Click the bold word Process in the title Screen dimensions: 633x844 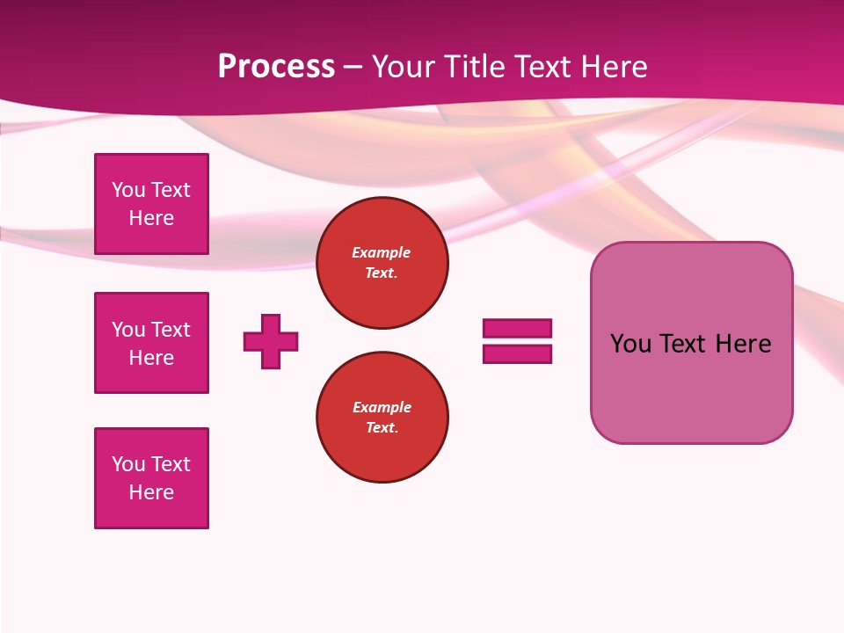tap(276, 67)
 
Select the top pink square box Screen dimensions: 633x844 tap(151, 204)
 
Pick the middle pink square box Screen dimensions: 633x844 tap(151, 343)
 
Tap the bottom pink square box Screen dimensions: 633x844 tap(151, 478)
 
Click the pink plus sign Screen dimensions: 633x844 tap(271, 341)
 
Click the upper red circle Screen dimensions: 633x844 tap(382, 263)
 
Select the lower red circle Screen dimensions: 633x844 tap(382, 418)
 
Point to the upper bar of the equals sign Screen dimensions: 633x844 tap(517, 328)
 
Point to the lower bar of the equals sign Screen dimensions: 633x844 tap(517, 354)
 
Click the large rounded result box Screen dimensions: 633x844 tap(692, 343)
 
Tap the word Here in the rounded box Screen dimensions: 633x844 tap(743, 344)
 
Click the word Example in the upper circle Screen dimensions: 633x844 tap(382, 252)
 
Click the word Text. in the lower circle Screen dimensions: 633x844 tap(382, 428)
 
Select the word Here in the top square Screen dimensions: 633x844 tap(151, 218)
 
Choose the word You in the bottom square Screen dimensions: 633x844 tap(127, 464)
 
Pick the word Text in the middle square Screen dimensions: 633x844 tap(171, 330)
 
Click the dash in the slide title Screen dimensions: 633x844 tap(353, 67)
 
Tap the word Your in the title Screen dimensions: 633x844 tap(402, 67)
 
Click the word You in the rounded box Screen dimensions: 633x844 tap(630, 344)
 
